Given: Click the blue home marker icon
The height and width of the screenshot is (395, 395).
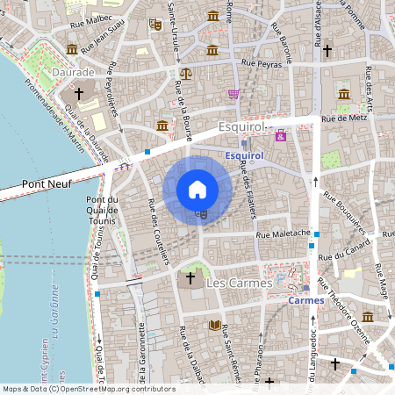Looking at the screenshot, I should (197, 189).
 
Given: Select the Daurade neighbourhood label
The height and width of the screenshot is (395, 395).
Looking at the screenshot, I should (73, 70).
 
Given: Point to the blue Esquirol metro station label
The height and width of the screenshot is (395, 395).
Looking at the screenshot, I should (245, 156).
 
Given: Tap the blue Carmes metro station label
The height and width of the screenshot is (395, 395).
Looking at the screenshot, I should (306, 300).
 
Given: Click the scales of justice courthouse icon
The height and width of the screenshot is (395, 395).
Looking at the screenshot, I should (185, 75).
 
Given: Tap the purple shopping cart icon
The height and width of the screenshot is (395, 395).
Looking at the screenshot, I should (233, 94).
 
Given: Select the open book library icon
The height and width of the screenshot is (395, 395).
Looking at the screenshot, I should (214, 325).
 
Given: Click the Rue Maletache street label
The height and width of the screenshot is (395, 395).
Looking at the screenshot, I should (283, 234).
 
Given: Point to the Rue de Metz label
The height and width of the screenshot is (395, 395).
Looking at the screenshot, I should (343, 118).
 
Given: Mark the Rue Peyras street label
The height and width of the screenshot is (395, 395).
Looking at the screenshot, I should (262, 64).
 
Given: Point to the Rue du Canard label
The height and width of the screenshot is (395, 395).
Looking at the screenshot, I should (339, 255).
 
